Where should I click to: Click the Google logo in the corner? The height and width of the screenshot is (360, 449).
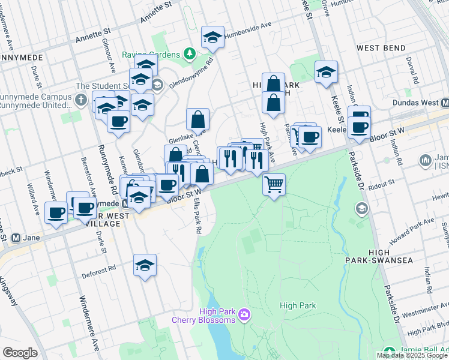point(20,353)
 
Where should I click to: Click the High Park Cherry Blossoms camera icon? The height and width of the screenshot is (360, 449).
point(244,314)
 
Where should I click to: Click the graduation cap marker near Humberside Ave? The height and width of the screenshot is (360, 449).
point(212,37)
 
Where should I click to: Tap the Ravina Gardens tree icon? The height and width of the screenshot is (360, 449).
point(190,54)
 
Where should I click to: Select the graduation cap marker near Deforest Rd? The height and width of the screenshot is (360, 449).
point(145,264)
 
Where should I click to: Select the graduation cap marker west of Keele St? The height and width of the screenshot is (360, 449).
point(326,72)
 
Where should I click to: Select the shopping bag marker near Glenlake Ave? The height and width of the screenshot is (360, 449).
point(197,120)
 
